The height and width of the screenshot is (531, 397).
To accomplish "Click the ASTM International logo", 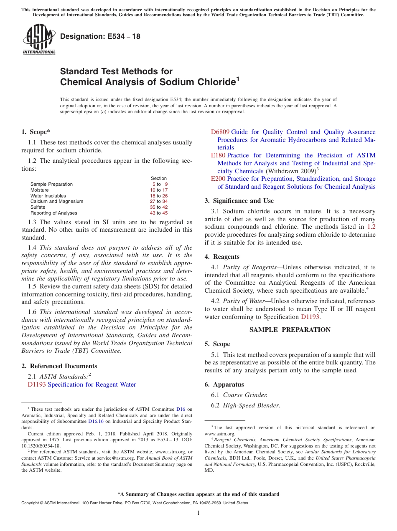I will (39, 39).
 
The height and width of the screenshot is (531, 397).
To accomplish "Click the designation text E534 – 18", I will (100, 36).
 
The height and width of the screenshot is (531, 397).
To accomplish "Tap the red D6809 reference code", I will (220, 132).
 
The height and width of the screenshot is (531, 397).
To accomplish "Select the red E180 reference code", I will (218, 155).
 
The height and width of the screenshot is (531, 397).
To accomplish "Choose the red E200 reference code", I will (218, 179).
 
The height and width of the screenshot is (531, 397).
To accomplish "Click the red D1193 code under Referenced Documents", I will (37, 384).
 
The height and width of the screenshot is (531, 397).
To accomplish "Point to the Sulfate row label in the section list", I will (38, 207).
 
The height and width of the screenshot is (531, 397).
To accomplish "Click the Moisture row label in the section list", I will (40, 190).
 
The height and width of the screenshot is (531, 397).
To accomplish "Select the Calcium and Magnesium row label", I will (57, 201).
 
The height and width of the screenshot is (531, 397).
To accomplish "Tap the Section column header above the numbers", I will (159, 178).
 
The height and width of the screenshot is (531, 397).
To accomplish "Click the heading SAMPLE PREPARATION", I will (290, 330).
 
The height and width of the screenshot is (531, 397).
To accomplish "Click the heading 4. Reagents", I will (222, 257).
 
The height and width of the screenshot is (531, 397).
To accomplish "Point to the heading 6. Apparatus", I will (224, 384).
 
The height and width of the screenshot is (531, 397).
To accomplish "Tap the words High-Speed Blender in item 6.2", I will (251, 405).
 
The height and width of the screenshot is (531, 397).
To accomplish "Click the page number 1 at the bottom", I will (198, 513).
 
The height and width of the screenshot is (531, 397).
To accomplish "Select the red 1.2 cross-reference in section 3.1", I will (371, 227).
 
